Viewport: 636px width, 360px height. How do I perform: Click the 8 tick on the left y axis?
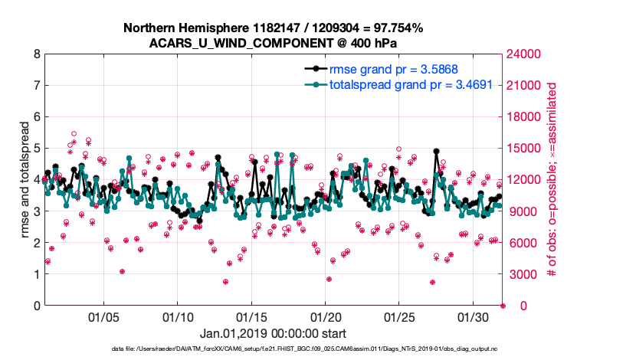click(x=37, y=54)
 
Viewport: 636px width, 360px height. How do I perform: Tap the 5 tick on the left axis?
click(x=37, y=149)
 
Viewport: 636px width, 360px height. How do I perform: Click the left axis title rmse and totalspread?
click(x=25, y=180)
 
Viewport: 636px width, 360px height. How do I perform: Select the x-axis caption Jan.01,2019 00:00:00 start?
click(x=273, y=334)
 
